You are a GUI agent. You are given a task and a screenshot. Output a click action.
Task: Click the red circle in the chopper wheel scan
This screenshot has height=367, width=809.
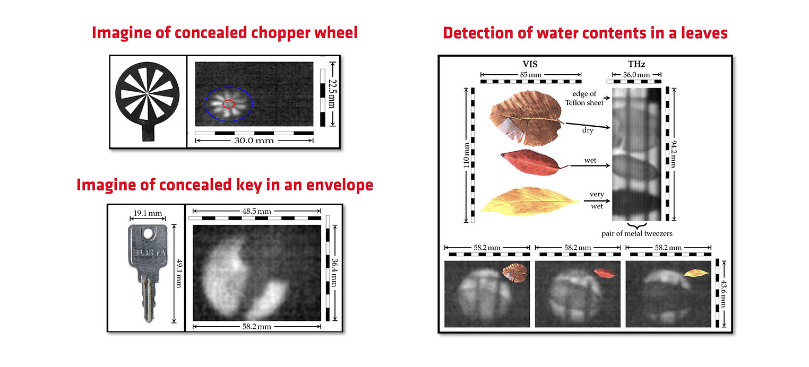pos(229,100)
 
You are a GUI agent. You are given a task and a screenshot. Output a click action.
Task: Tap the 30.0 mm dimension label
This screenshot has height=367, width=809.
pos(254,141)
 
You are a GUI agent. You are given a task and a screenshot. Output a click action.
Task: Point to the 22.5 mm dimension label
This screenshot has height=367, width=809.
pos(332,94)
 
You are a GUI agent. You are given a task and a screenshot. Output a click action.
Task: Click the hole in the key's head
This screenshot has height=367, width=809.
pos(148,234)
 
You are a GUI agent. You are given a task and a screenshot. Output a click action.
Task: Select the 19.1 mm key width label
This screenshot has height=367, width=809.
pos(148,213)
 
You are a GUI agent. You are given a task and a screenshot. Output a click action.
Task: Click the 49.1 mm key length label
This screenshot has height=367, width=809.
pos(179,273)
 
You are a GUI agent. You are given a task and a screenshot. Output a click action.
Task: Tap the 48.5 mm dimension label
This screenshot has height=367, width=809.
pos(256,211)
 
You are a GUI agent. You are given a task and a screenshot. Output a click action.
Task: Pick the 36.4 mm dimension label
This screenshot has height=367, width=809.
pos(335,272)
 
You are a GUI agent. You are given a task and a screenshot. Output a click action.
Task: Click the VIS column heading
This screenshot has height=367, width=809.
pos(530,64)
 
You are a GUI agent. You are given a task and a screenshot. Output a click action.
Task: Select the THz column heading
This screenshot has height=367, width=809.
pos(636,64)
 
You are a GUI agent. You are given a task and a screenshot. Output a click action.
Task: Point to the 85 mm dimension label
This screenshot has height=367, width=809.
pos(530,75)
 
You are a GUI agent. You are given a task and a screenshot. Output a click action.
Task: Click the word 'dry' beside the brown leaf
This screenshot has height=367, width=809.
pos(588,130)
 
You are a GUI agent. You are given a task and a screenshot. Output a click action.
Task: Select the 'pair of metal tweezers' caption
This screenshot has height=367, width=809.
pos(636,233)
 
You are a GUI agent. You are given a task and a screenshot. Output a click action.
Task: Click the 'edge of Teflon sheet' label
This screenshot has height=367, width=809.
pos(584,98)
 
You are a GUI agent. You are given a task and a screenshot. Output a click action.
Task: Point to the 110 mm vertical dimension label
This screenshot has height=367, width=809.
pos(466,155)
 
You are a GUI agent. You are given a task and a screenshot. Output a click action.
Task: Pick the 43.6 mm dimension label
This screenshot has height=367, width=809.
pos(723,294)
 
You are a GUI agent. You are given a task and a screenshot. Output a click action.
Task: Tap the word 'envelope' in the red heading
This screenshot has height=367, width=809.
pos(340,185)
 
